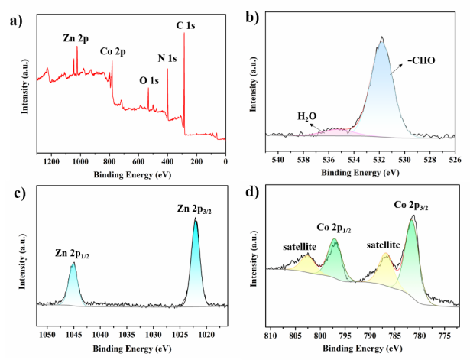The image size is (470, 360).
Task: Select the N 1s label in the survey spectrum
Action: coord(167,58)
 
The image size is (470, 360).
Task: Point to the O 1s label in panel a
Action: coord(150,79)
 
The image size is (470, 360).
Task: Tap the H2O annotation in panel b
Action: coord(307,116)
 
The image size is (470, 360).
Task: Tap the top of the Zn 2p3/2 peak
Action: coord(196,219)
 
